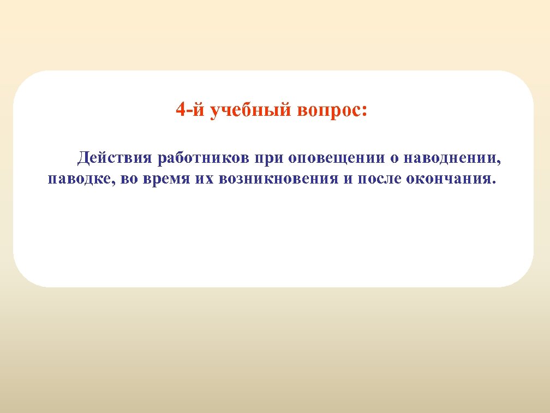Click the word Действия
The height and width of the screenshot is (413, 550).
pyautogui.click(x=113, y=158)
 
